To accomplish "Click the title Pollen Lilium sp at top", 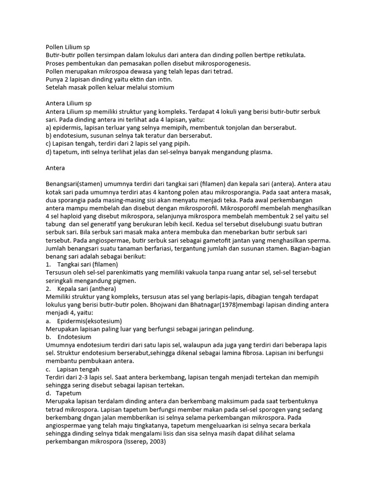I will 67,48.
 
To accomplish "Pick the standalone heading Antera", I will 56,168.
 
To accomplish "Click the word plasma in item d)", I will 260,152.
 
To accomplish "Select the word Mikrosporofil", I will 245,208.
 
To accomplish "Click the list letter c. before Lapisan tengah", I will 48,368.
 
